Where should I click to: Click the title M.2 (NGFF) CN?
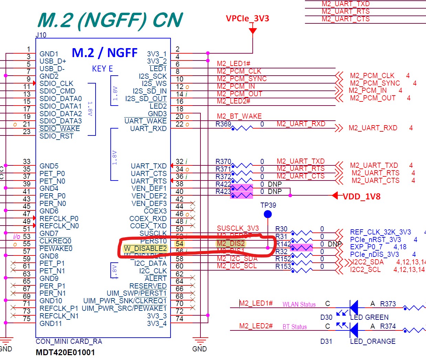coord(110,20)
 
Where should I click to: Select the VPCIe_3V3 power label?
coord(247,19)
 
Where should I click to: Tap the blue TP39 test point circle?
coord(267,215)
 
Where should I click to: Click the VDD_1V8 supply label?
coord(361,196)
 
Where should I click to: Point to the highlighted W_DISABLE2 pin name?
coord(145,249)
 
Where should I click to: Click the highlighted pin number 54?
coord(179,244)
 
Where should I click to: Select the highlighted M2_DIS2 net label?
coord(231,243)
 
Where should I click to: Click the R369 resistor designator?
coord(223,124)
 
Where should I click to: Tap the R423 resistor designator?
coord(223,192)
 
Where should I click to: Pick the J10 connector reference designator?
coord(41,35)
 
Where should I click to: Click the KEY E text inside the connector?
coord(102,69)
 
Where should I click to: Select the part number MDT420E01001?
coord(65,352)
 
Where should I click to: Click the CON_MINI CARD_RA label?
coord(69,341)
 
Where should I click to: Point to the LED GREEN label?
coord(369,317)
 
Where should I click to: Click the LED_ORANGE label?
coord(373,341)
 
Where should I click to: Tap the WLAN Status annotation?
coord(299,304)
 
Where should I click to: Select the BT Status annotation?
coord(295,327)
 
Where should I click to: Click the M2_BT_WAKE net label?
coord(239,116)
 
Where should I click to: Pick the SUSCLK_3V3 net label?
coord(238,228)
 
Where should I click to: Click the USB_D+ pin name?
coord(53,61)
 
